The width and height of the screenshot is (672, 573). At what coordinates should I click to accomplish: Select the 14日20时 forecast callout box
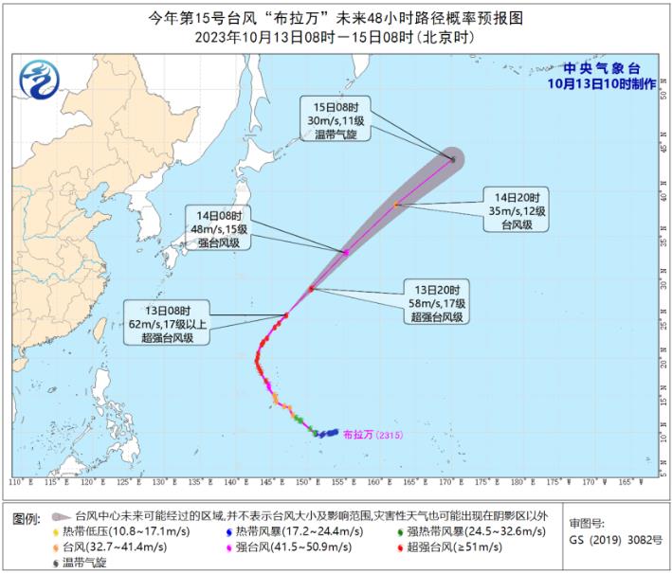pos(517,212)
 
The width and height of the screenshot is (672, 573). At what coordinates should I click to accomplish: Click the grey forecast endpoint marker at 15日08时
pos(453,159)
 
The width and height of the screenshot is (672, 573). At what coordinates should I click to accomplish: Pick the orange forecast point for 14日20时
pos(396,204)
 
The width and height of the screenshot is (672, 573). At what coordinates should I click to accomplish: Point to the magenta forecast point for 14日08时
pos(346,252)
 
